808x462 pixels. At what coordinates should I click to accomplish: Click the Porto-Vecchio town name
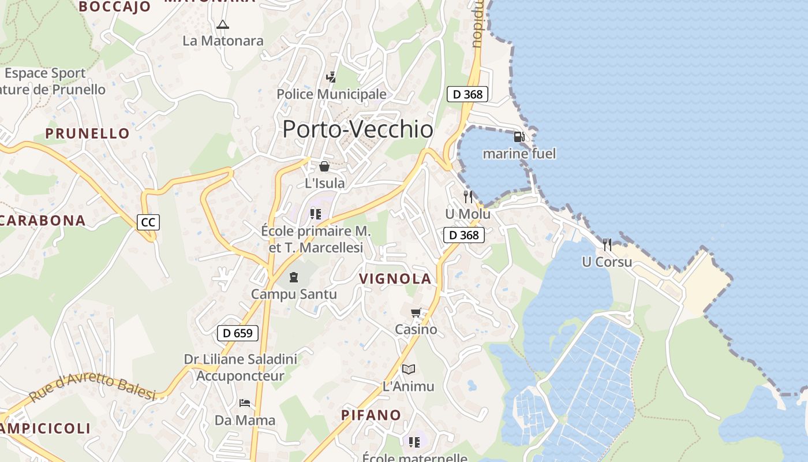click(x=358, y=129)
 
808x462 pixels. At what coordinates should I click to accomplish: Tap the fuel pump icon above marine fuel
click(x=519, y=137)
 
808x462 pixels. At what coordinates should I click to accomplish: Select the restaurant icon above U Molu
click(x=468, y=197)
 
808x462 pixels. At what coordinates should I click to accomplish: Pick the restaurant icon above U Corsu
click(x=607, y=244)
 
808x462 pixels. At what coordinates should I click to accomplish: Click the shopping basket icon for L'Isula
click(x=324, y=167)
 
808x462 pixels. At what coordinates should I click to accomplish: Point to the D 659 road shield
click(x=238, y=333)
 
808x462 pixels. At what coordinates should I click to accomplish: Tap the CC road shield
click(x=148, y=222)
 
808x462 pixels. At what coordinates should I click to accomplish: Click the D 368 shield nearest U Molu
click(x=464, y=235)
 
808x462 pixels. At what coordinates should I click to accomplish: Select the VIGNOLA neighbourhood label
click(x=395, y=279)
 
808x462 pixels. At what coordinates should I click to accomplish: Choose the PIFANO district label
click(x=371, y=415)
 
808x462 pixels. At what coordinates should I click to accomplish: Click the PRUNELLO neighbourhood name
click(x=88, y=133)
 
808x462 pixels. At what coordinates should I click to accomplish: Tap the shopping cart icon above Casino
click(x=416, y=313)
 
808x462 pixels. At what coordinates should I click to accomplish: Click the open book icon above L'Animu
click(x=409, y=369)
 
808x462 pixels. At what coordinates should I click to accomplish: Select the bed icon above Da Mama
click(x=245, y=403)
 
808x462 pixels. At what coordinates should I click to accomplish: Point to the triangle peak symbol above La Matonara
click(x=223, y=24)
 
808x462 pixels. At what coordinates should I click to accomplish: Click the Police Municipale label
click(x=331, y=94)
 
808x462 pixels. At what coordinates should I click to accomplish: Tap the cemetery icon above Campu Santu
click(x=294, y=277)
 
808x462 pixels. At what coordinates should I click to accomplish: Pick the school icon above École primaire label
click(x=316, y=214)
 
